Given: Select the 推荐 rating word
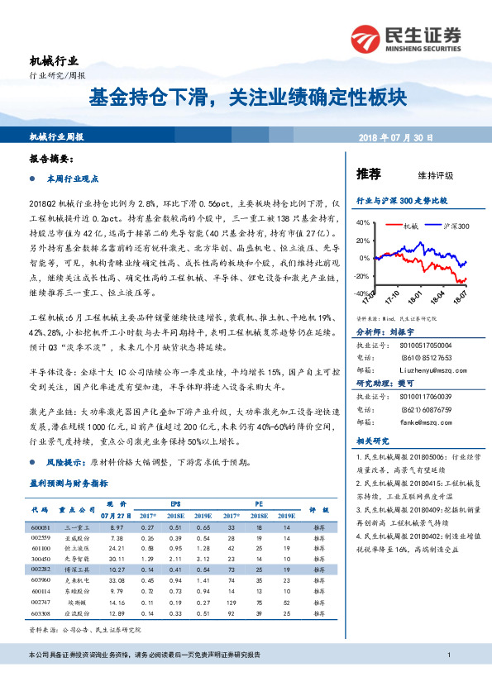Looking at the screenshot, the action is (368, 174).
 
